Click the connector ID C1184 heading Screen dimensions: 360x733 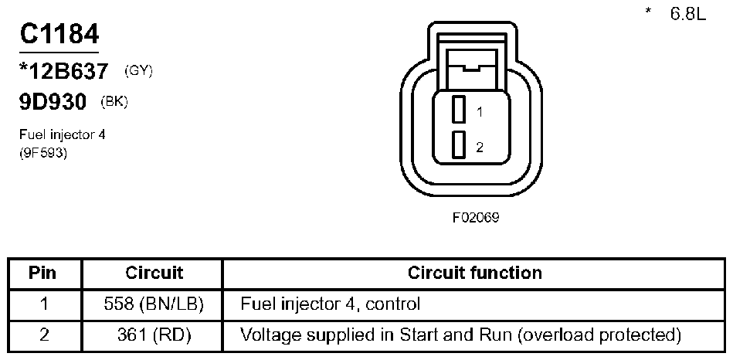(x=59, y=36)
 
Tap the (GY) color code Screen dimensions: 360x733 (x=138, y=71)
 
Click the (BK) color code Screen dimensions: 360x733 (x=114, y=101)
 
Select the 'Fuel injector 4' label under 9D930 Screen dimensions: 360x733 (x=62, y=134)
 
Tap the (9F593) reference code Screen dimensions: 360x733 (x=44, y=152)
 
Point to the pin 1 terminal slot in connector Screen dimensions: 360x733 (x=458, y=110)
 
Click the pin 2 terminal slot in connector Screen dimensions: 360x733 (x=458, y=144)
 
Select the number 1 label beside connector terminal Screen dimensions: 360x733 (x=480, y=112)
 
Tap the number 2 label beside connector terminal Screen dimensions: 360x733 (x=480, y=147)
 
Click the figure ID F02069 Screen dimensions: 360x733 (x=476, y=217)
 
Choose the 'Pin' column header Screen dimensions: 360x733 (x=43, y=273)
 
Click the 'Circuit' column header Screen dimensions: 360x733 (x=154, y=273)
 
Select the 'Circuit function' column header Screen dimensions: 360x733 (x=474, y=273)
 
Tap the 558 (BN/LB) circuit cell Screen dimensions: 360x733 (x=154, y=304)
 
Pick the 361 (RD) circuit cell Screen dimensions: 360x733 (x=154, y=335)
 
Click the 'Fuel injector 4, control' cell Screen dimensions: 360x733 (x=331, y=304)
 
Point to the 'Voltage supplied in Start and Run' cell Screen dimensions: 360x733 (x=461, y=335)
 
